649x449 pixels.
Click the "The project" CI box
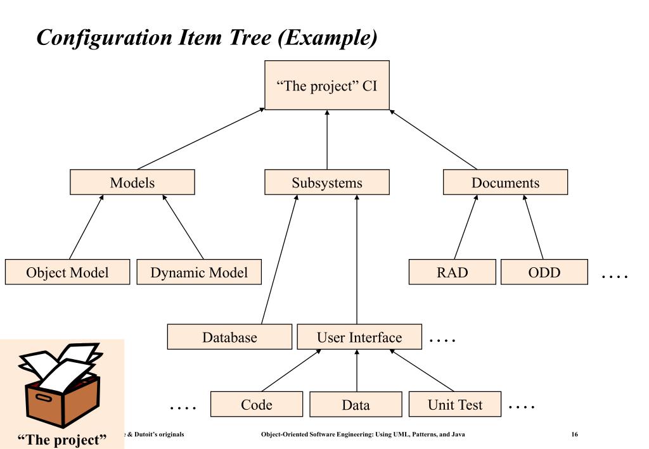click(x=327, y=84)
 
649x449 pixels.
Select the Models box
click(x=132, y=183)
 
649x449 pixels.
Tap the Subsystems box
click(x=327, y=183)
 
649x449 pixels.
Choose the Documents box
click(x=505, y=183)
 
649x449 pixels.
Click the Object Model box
click(x=67, y=272)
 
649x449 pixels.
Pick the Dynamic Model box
click(x=199, y=272)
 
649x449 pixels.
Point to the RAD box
click(x=452, y=272)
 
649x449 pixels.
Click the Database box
click(x=229, y=337)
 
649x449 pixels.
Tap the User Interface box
click(x=359, y=337)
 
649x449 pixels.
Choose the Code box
click(x=257, y=405)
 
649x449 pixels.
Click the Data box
click(x=356, y=405)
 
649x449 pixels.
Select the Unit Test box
click(x=454, y=405)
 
